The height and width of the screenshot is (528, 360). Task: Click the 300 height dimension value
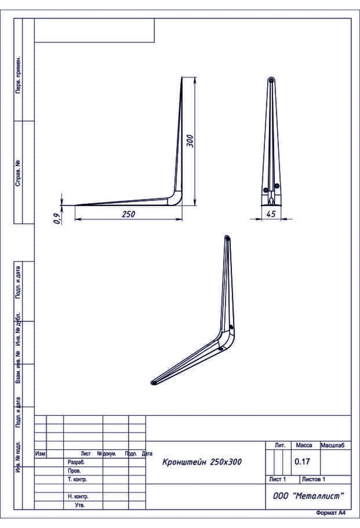[x=190, y=141]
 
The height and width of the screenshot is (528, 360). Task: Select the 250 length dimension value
[x=128, y=214]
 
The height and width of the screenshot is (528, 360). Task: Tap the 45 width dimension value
[x=271, y=214]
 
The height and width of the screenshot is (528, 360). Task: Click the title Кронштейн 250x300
[x=202, y=462]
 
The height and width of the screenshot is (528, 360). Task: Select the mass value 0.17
[x=302, y=461]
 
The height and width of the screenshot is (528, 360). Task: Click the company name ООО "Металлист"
[x=308, y=496]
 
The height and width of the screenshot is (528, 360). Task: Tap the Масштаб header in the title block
[x=332, y=445]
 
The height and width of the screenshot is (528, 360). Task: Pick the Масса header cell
[x=304, y=445]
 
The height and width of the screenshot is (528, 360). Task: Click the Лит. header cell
[x=280, y=445]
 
